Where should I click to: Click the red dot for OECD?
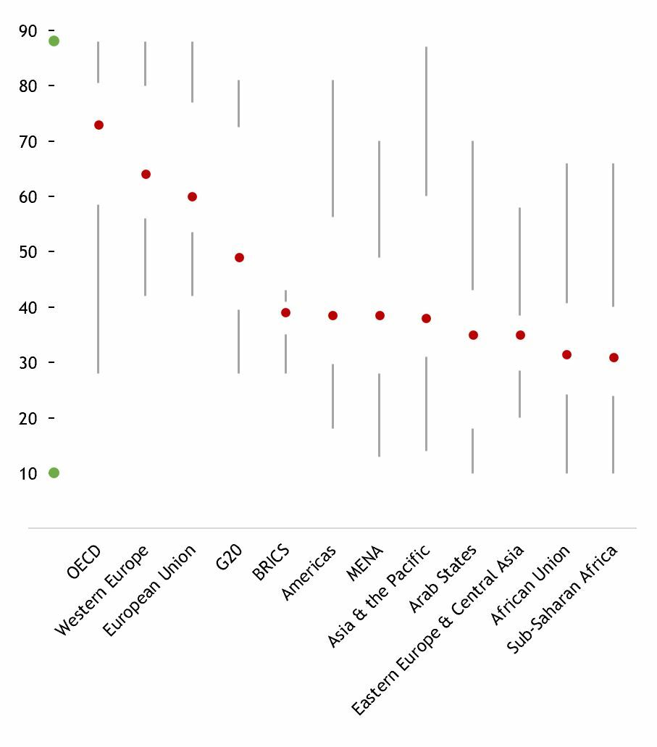pyautogui.click(x=99, y=125)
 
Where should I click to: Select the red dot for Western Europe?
pyautogui.click(x=146, y=175)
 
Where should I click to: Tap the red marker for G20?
pyautogui.click(x=239, y=258)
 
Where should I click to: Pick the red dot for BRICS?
pyautogui.click(x=285, y=313)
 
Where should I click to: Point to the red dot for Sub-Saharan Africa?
pyautogui.click(x=614, y=358)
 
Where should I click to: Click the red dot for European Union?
pyautogui.click(x=192, y=197)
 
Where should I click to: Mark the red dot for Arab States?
pyautogui.click(x=473, y=335)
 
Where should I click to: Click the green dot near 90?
pyautogui.click(x=54, y=41)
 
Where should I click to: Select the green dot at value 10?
pyautogui.click(x=54, y=473)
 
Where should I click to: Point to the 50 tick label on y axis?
pyautogui.click(x=28, y=252)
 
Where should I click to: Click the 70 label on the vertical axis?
pyautogui.click(x=28, y=141)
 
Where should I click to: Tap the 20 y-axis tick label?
pyautogui.click(x=28, y=418)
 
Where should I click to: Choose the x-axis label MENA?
pyautogui.click(x=365, y=564)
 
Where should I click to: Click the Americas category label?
pyautogui.click(x=309, y=573)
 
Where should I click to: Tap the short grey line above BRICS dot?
pyautogui.click(x=285, y=296)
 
